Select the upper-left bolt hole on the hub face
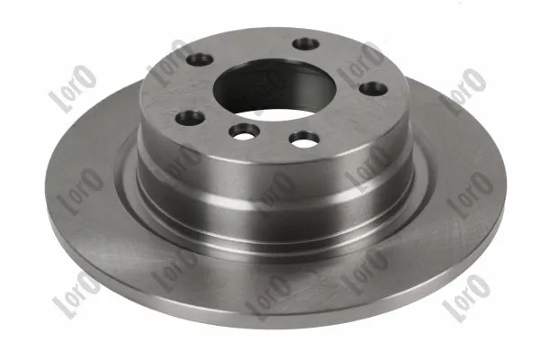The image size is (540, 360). click(200, 60)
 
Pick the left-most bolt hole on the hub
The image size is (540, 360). click(187, 115)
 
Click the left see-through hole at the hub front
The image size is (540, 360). click(240, 131)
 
